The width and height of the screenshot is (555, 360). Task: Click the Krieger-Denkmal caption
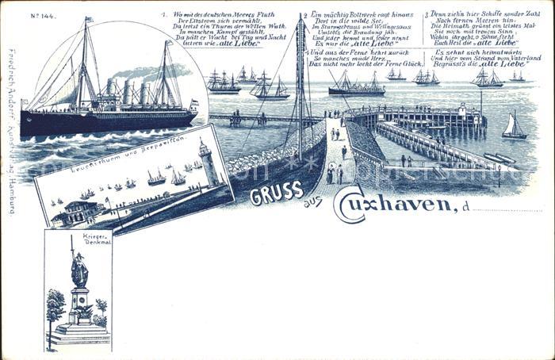pyautogui.click(x=78, y=241)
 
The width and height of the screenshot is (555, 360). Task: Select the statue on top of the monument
pyautogui.click(x=79, y=270)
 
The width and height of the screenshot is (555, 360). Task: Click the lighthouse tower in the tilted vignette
pyautogui.click(x=207, y=162)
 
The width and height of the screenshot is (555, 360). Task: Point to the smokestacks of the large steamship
pyautogui.click(x=132, y=92)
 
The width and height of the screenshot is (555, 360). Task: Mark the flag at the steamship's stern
pyautogui.click(x=193, y=102)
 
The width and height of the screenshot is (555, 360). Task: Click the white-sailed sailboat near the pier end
pyautogui.click(x=514, y=127)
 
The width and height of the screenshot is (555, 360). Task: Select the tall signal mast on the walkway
pyautogui.click(x=300, y=87)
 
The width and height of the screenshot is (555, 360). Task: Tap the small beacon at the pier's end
pyautogui.click(x=480, y=108)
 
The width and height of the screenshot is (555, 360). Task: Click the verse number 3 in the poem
pyautogui.click(x=427, y=15)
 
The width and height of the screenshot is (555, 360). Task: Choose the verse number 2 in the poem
pyautogui.click(x=306, y=15)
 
